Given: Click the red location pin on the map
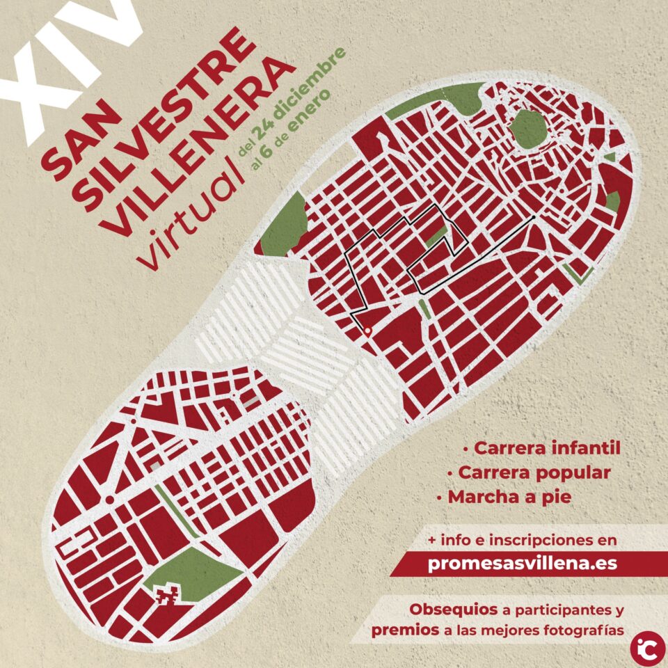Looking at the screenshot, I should [x=367, y=331].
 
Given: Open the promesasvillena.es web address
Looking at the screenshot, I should [x=523, y=564].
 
